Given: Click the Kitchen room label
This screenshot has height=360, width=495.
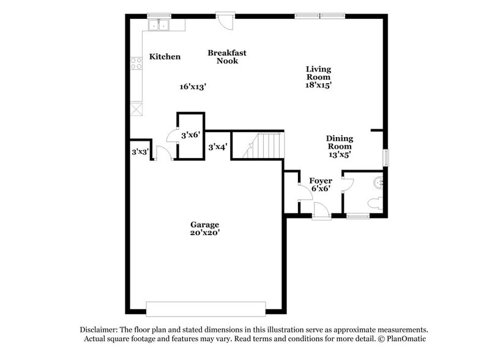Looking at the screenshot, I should click(x=165, y=57).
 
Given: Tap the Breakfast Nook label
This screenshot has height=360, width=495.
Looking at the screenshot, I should click(x=226, y=57).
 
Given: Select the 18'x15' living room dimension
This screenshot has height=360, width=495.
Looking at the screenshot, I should click(x=318, y=86).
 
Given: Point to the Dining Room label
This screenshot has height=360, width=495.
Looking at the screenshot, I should click(x=339, y=143).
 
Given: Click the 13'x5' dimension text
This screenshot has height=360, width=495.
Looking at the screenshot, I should click(x=339, y=155).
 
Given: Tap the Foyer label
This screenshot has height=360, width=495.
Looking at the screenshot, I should click(x=321, y=181).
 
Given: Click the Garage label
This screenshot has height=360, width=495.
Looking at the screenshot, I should click(x=204, y=225).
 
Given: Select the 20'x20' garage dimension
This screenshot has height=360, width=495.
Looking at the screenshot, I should click(x=204, y=233).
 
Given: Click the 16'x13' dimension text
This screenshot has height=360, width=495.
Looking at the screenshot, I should click(x=192, y=87).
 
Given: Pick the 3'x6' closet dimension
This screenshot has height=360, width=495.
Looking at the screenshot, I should click(x=190, y=134).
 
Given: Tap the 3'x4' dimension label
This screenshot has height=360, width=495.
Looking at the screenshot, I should click(x=218, y=147).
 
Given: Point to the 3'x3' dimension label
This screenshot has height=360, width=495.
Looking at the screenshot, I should click(x=140, y=151).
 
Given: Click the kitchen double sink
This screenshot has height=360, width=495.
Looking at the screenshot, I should click(x=158, y=24).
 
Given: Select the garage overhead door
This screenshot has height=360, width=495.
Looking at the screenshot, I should click(x=206, y=308).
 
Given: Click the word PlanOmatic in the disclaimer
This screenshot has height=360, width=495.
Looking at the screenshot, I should click(x=404, y=339).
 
